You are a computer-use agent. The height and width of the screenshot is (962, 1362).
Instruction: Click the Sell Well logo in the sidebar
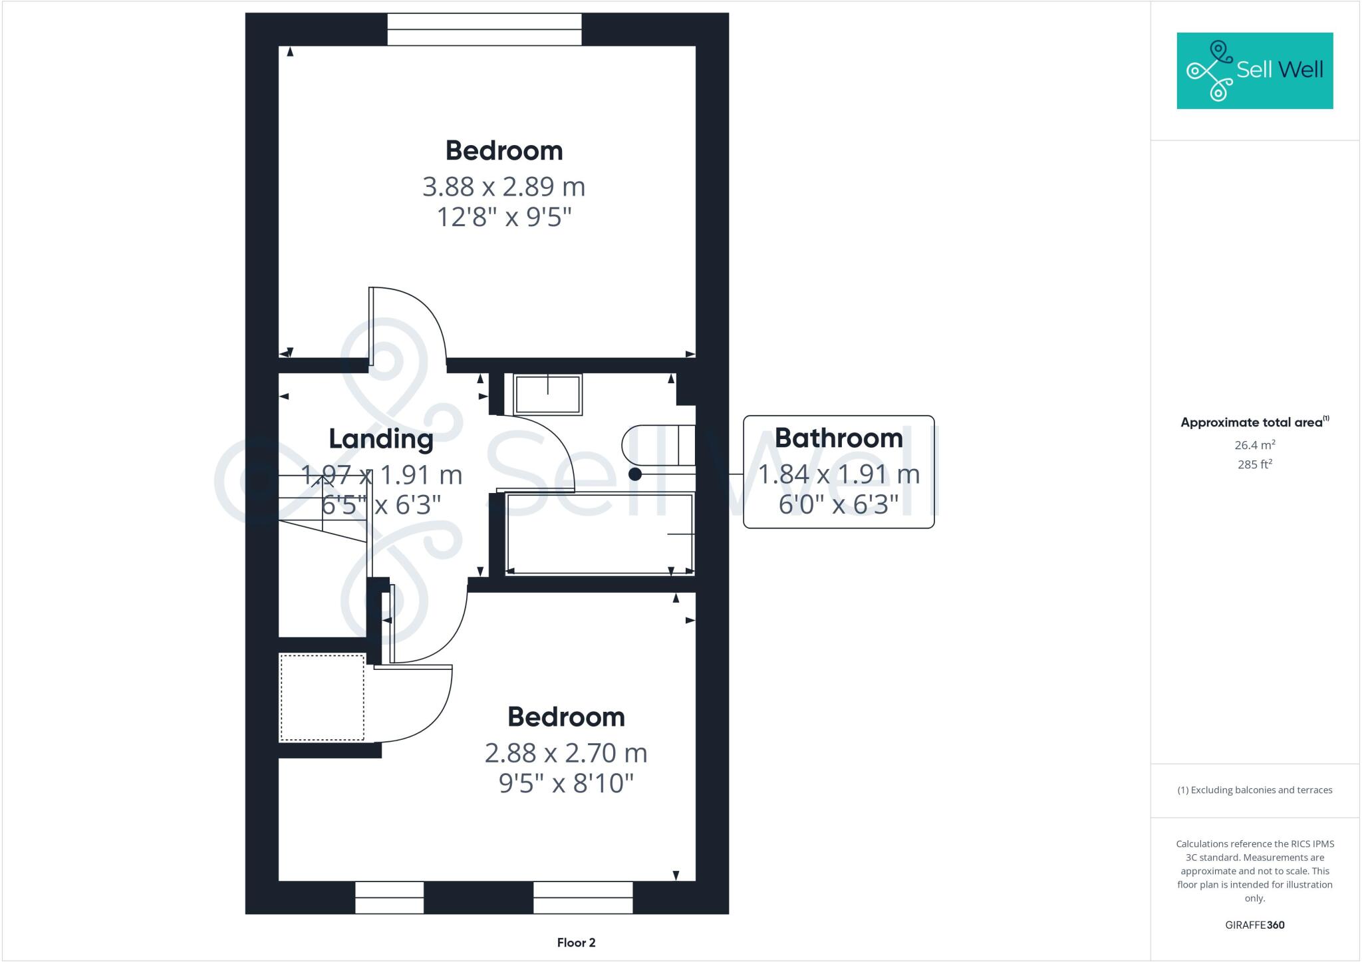(x=1254, y=71)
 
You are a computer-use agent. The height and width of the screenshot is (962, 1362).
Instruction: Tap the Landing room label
(x=381, y=439)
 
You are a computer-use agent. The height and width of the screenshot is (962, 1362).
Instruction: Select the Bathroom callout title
(x=839, y=438)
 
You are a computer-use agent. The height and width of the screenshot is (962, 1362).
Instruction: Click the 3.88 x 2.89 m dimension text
(x=503, y=187)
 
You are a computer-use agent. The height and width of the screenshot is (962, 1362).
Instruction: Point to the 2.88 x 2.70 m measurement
(x=565, y=753)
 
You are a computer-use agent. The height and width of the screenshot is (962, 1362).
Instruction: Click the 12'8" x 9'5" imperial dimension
(x=503, y=218)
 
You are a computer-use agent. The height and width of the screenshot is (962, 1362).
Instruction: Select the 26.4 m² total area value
(x=1254, y=445)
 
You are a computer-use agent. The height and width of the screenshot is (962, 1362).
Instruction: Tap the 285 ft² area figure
(x=1254, y=464)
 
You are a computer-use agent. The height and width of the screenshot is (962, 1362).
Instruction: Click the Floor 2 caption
(x=576, y=943)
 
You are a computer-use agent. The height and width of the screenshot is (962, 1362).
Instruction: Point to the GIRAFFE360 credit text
(x=1254, y=925)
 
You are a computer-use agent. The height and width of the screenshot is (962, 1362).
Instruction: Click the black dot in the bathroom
(x=635, y=474)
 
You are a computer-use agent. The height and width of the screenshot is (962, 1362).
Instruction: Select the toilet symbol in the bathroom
(x=658, y=444)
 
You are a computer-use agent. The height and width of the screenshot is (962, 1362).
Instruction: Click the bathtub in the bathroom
(x=599, y=534)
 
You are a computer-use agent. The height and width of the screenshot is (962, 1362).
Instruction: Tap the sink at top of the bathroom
(x=547, y=395)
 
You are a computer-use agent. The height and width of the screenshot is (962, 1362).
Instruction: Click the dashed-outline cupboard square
(x=322, y=697)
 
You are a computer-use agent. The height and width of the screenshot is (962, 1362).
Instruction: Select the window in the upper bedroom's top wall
(x=484, y=30)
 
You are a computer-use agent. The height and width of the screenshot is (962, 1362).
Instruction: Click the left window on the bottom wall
(x=389, y=897)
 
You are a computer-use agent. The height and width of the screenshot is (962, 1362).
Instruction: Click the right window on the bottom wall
(x=583, y=897)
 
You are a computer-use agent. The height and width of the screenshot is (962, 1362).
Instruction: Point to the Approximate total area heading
(x=1254, y=422)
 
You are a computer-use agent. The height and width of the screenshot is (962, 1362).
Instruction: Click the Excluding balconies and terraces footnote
(x=1254, y=790)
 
